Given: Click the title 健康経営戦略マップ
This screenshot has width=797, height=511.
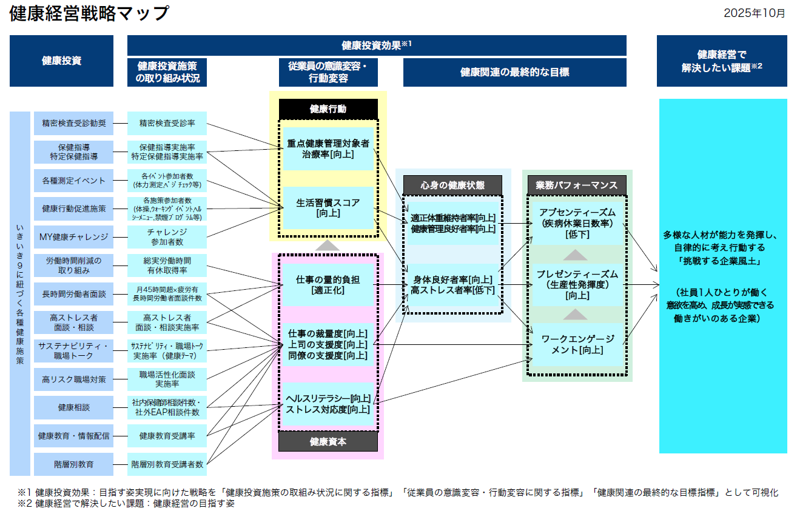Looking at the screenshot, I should pyautogui.click(x=89, y=13).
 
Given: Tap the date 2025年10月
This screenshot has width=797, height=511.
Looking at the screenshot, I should pyautogui.click(x=754, y=14).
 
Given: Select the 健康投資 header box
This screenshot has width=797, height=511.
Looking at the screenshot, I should pyautogui.click(x=61, y=61).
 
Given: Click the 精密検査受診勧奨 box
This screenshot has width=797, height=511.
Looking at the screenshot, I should pyautogui.click(x=73, y=123).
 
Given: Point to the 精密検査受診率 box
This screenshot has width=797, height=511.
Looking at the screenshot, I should pyautogui.click(x=167, y=123).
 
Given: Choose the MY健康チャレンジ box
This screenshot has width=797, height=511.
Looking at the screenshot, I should pyautogui.click(x=73, y=236).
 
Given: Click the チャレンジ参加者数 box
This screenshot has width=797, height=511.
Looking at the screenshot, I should pyautogui.click(x=167, y=236).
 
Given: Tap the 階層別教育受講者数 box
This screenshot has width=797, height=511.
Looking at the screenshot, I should pyautogui.click(x=167, y=464).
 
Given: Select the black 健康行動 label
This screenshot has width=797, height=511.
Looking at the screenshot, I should pyautogui.click(x=328, y=109).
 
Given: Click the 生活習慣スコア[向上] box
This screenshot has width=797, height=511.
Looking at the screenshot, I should pyautogui.click(x=328, y=208).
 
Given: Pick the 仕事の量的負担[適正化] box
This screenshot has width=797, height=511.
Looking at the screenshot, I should pyautogui.click(x=328, y=285).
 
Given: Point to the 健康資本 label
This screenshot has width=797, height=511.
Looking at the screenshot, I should pyautogui.click(x=328, y=441).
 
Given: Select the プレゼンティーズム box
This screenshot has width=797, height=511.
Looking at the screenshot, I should pyautogui.click(x=577, y=284).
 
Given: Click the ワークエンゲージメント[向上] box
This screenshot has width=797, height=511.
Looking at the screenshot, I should pyautogui.click(x=577, y=344).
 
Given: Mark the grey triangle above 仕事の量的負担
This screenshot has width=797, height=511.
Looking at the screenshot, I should pyautogui.click(x=328, y=245).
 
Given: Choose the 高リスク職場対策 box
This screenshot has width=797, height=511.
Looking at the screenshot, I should pyautogui.click(x=73, y=379).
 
